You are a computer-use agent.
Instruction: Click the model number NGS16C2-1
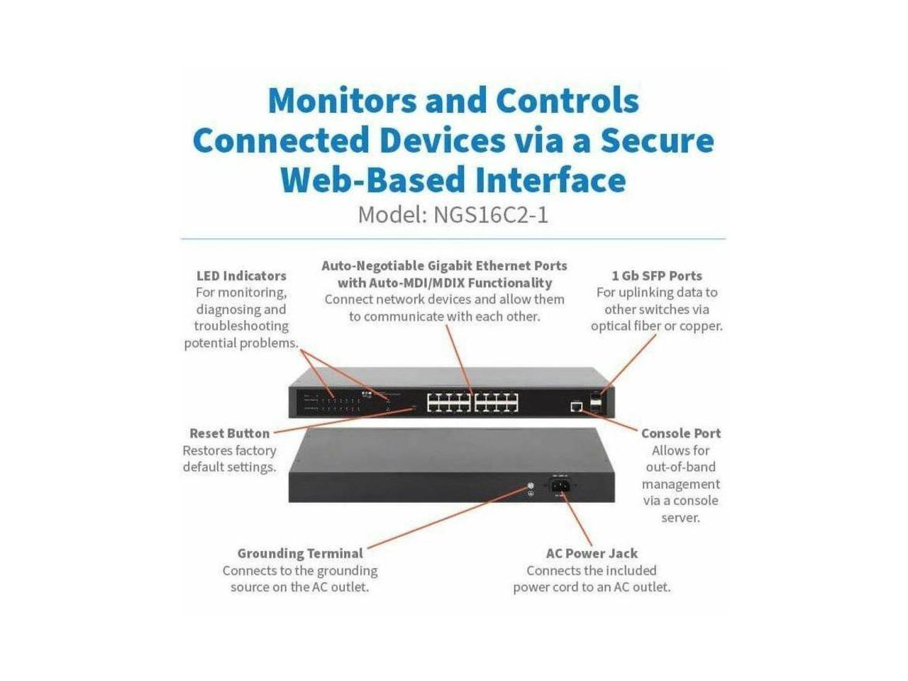coord(491,214)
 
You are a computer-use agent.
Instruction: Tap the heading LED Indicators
coord(241,276)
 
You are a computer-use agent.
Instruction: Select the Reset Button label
coord(229,433)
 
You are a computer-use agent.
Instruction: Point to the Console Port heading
coord(680,433)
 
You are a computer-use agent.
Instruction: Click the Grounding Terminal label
coord(299,553)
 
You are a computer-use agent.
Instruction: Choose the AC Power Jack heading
coord(592,553)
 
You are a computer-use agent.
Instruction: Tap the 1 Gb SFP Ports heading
coord(656,276)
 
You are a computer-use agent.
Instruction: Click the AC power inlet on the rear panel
coord(560,486)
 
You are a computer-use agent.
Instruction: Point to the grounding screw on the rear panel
coord(529,487)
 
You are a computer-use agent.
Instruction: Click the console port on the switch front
coord(576,406)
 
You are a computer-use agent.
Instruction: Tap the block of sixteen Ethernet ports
coord(472,403)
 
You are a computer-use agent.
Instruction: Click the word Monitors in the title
coord(341,101)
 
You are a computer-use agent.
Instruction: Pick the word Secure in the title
coord(657,140)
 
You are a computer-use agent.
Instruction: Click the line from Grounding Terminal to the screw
coord(447,519)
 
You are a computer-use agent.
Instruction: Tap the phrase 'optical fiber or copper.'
coord(656,326)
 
